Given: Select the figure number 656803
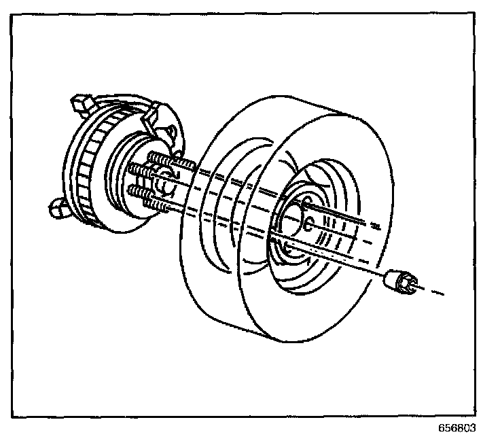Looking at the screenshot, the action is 457,429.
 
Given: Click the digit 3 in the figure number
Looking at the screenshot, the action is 472,429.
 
